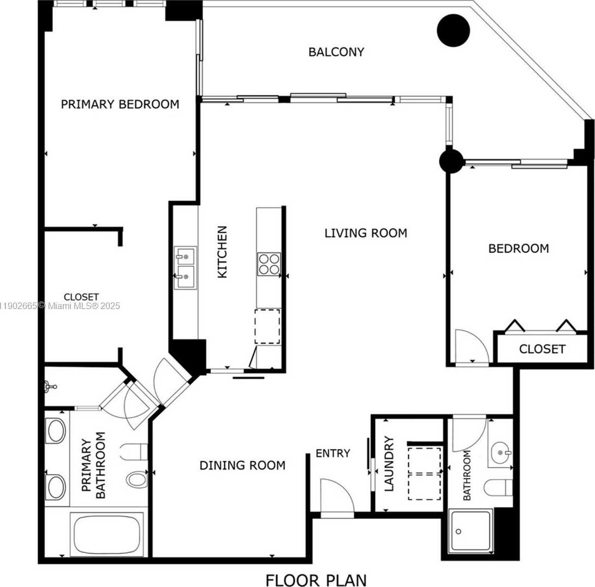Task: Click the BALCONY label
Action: pos(336,52)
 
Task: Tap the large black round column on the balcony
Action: pos(453,31)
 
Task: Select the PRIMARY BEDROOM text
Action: pos(120,104)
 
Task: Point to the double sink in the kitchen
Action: pos(186,268)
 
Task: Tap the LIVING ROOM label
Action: pos(365,233)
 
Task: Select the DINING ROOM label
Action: pos(242,465)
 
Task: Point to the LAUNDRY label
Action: pos(389,464)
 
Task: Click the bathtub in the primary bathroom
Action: pos(107,534)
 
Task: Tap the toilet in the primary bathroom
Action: pos(137,479)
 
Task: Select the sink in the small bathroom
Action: pos(500,452)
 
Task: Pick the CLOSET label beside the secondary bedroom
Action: pos(542,349)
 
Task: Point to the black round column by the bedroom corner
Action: pos(451,162)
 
